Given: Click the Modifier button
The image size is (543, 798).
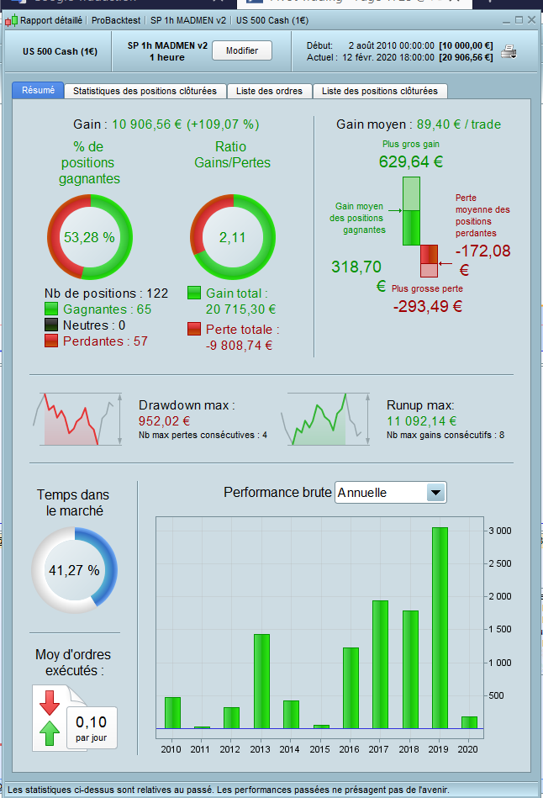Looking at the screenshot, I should tap(242, 51).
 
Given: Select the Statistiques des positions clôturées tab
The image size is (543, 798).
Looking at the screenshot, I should tap(145, 91).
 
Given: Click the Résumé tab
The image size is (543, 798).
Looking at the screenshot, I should tap(38, 91).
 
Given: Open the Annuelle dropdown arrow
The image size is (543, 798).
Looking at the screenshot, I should tap(435, 493).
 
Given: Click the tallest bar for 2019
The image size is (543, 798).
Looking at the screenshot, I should tap(440, 627).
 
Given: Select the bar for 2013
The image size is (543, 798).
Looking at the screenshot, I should tap(261, 681).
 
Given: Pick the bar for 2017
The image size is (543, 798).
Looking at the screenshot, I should tap(380, 664).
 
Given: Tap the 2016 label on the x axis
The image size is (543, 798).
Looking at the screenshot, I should tap(351, 749).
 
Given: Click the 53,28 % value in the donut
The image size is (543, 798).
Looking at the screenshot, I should tap(89, 237).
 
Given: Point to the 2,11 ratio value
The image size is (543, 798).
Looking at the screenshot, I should tap(232, 237).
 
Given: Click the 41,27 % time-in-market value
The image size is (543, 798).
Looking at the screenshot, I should tap(74, 570).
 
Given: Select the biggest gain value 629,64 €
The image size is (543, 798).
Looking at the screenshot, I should tap(411, 162).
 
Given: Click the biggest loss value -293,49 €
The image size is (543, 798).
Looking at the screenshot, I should tap(428, 306).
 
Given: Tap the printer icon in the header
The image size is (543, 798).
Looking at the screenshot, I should tap(509, 52).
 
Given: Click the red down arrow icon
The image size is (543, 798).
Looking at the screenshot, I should tap(48, 701).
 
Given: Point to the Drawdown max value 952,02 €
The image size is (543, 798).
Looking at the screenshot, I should tap(164, 421).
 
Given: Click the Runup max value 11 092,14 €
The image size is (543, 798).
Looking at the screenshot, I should tap(422, 421).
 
